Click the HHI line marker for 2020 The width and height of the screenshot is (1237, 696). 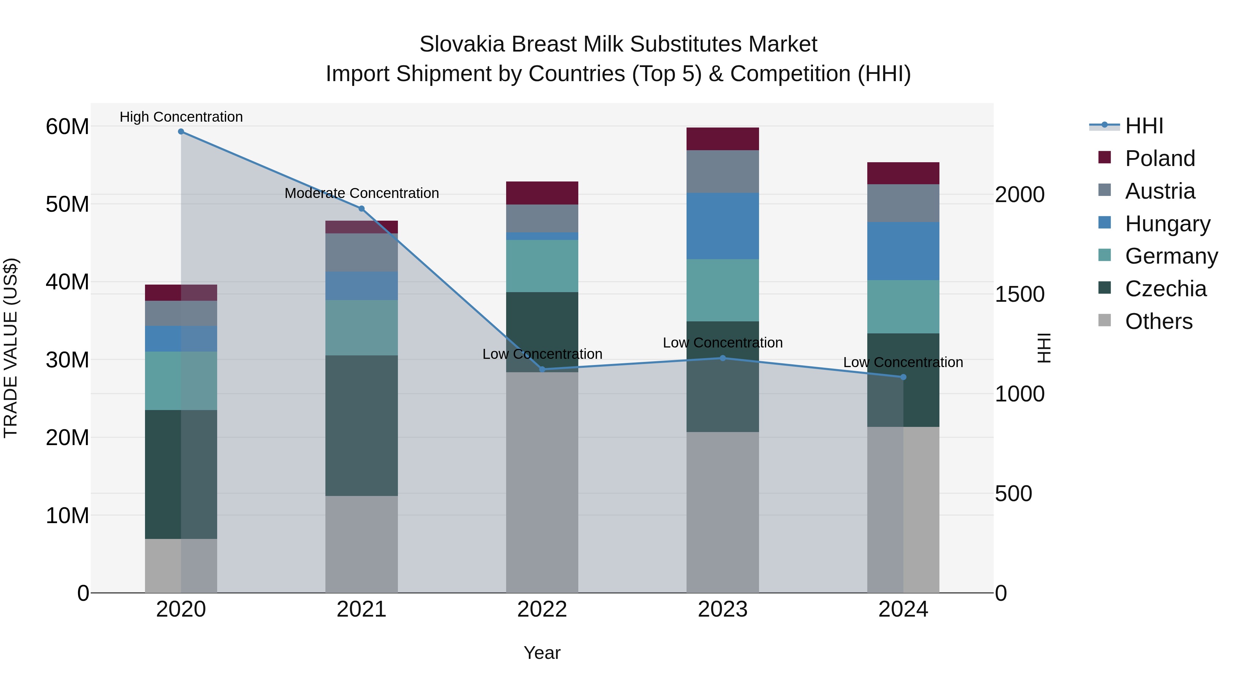coord(181,132)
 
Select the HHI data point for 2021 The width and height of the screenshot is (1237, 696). coord(361,209)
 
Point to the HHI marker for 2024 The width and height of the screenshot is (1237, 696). coord(903,377)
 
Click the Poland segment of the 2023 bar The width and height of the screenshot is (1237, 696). coord(722,139)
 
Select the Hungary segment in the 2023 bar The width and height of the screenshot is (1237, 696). coord(722,226)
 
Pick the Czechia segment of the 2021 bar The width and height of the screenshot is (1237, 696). coord(361,425)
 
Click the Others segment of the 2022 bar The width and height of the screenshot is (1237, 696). coord(542,482)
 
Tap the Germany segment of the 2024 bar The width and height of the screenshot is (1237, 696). coord(903,307)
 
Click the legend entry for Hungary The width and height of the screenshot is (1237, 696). coord(1167,224)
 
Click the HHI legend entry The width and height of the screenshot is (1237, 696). coord(1143,126)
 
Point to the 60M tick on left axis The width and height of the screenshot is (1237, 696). coord(67,127)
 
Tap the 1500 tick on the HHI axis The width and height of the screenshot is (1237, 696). coord(1019,295)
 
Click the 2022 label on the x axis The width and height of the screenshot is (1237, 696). coord(542,609)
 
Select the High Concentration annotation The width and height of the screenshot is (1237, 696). coord(181,117)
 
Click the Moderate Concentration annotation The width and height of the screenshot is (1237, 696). coord(361,193)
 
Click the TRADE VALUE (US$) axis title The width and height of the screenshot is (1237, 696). coord(11,348)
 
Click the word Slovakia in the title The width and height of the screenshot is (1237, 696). coord(461,44)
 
